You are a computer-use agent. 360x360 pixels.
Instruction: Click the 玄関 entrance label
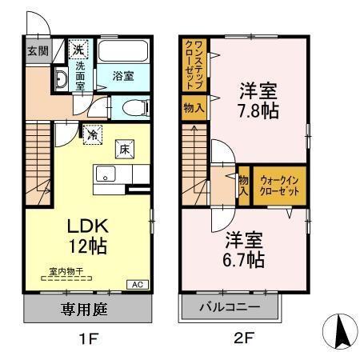coord(37,51)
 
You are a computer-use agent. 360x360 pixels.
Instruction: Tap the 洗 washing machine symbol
coord(78,50)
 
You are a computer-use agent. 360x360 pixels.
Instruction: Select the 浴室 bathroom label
coord(123,76)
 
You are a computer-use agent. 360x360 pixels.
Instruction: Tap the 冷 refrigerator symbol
coord(93,134)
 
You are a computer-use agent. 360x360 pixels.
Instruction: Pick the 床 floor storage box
coord(125,149)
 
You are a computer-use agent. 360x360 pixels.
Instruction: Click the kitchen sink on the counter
coord(106,174)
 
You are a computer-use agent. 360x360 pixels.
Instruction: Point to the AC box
coord(138,284)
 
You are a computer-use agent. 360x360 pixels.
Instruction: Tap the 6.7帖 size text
coord(244,259)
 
